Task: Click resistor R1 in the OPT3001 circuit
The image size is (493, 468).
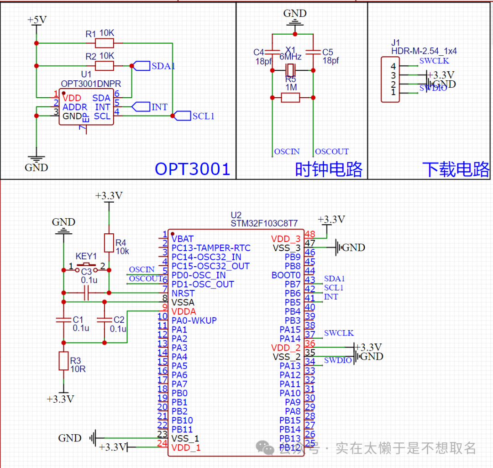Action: (x=104, y=43)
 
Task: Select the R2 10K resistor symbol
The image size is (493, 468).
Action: (x=104, y=66)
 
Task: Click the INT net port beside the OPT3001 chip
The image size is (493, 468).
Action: (x=140, y=107)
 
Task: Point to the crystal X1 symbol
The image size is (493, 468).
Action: (x=291, y=70)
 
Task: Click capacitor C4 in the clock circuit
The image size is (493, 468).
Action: (x=272, y=51)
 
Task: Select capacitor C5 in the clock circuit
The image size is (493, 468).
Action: (x=313, y=51)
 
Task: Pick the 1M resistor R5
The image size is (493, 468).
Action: (x=290, y=97)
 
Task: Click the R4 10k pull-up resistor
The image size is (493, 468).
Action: (x=109, y=243)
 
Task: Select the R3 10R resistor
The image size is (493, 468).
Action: (x=63, y=361)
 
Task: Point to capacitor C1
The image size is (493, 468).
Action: (x=63, y=320)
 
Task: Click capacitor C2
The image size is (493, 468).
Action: (x=105, y=320)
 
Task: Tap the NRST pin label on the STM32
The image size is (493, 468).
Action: (x=183, y=293)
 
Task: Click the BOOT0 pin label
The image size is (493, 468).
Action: (x=286, y=275)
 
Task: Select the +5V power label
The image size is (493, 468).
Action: (x=37, y=20)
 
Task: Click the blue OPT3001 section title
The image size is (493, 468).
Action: (x=192, y=169)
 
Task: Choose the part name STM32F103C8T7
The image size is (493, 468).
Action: (x=264, y=224)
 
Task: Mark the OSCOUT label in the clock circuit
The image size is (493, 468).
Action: (x=332, y=152)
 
